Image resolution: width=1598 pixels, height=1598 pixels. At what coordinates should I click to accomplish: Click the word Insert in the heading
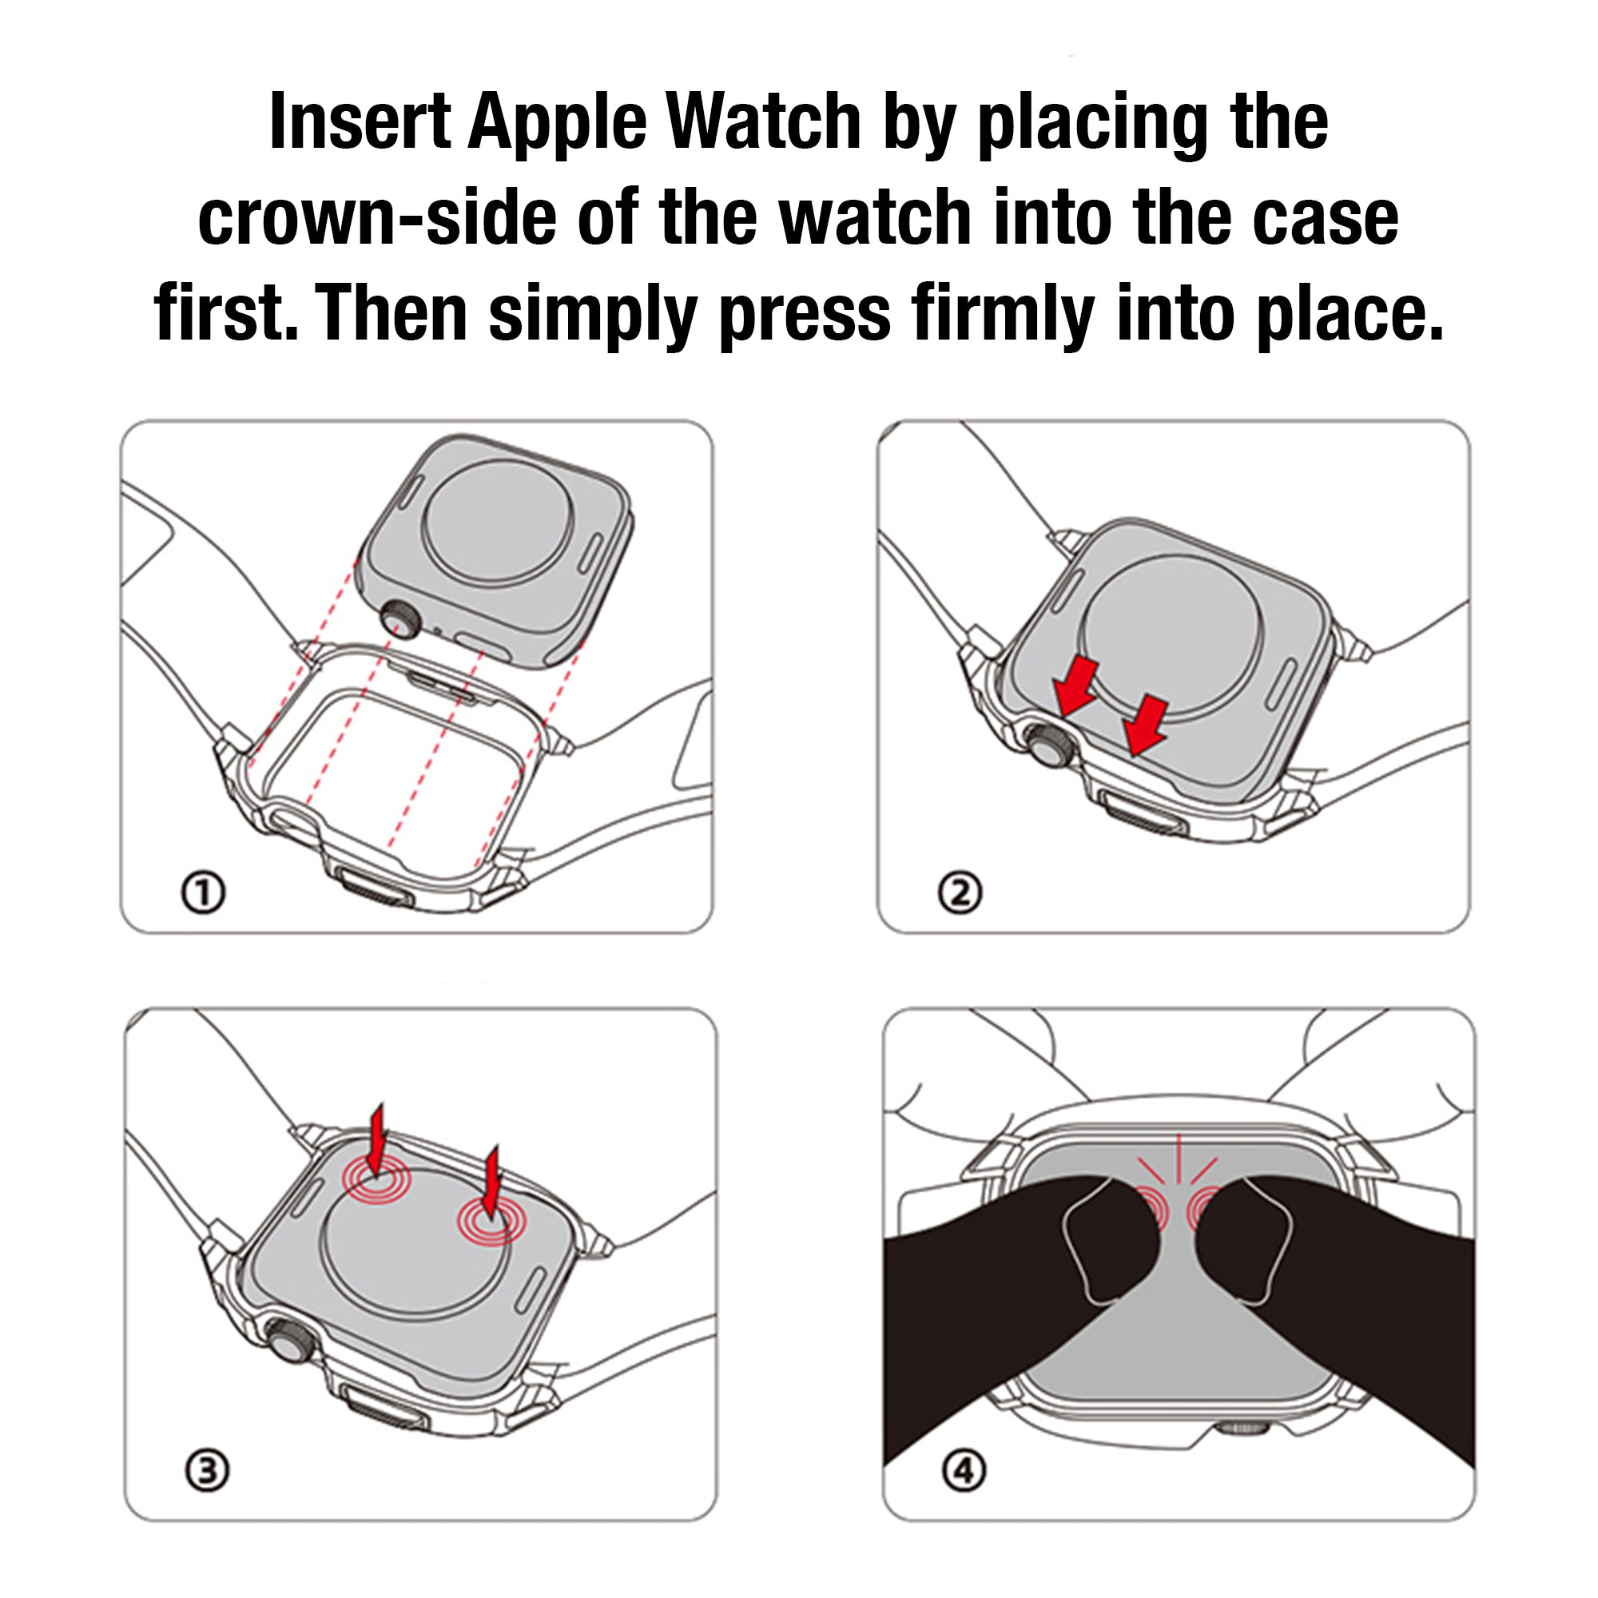360,121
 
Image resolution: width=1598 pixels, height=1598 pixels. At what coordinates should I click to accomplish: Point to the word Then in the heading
392,312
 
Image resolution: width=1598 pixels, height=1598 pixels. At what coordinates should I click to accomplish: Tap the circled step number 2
960,893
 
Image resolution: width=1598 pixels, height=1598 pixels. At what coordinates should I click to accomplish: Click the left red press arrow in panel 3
376,1141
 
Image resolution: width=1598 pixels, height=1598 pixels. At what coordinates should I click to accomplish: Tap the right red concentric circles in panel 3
491,1221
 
